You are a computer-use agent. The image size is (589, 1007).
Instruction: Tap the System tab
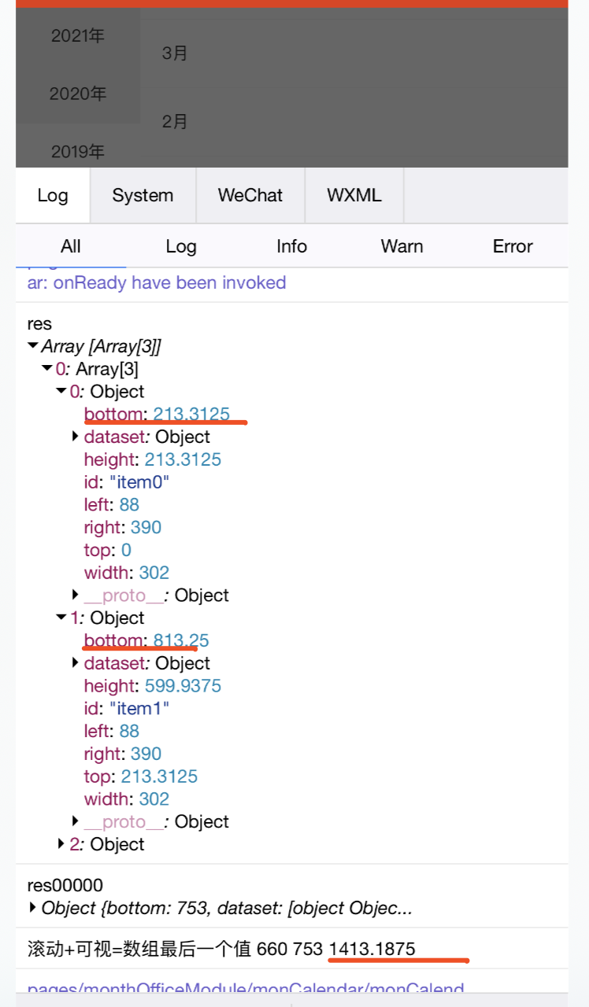coord(143,195)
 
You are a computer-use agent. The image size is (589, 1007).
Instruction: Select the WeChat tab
coord(250,195)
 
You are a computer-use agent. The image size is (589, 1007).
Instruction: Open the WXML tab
coord(354,195)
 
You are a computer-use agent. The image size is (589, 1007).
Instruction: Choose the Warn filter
coord(402,246)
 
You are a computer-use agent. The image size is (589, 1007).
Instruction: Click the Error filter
coord(513,246)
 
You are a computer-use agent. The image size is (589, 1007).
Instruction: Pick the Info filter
coord(291,246)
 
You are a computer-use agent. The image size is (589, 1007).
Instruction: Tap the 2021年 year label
coord(78,35)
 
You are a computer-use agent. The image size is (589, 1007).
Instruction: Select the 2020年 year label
coord(78,94)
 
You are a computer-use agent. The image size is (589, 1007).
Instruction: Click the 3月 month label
coord(175,53)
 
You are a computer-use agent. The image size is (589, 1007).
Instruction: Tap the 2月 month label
coord(175,121)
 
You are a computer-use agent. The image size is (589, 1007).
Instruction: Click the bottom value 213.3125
coord(191,414)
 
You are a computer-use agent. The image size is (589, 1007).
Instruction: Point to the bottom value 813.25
coord(181,640)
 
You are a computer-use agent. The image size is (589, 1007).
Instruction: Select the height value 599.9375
coord(183,686)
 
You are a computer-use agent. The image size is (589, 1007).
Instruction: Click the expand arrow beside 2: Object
coord(61,844)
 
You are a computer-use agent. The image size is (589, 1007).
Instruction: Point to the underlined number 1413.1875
coord(372,949)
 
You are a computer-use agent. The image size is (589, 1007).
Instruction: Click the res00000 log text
coord(65,886)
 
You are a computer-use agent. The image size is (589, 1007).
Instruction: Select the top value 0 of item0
coord(126,550)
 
